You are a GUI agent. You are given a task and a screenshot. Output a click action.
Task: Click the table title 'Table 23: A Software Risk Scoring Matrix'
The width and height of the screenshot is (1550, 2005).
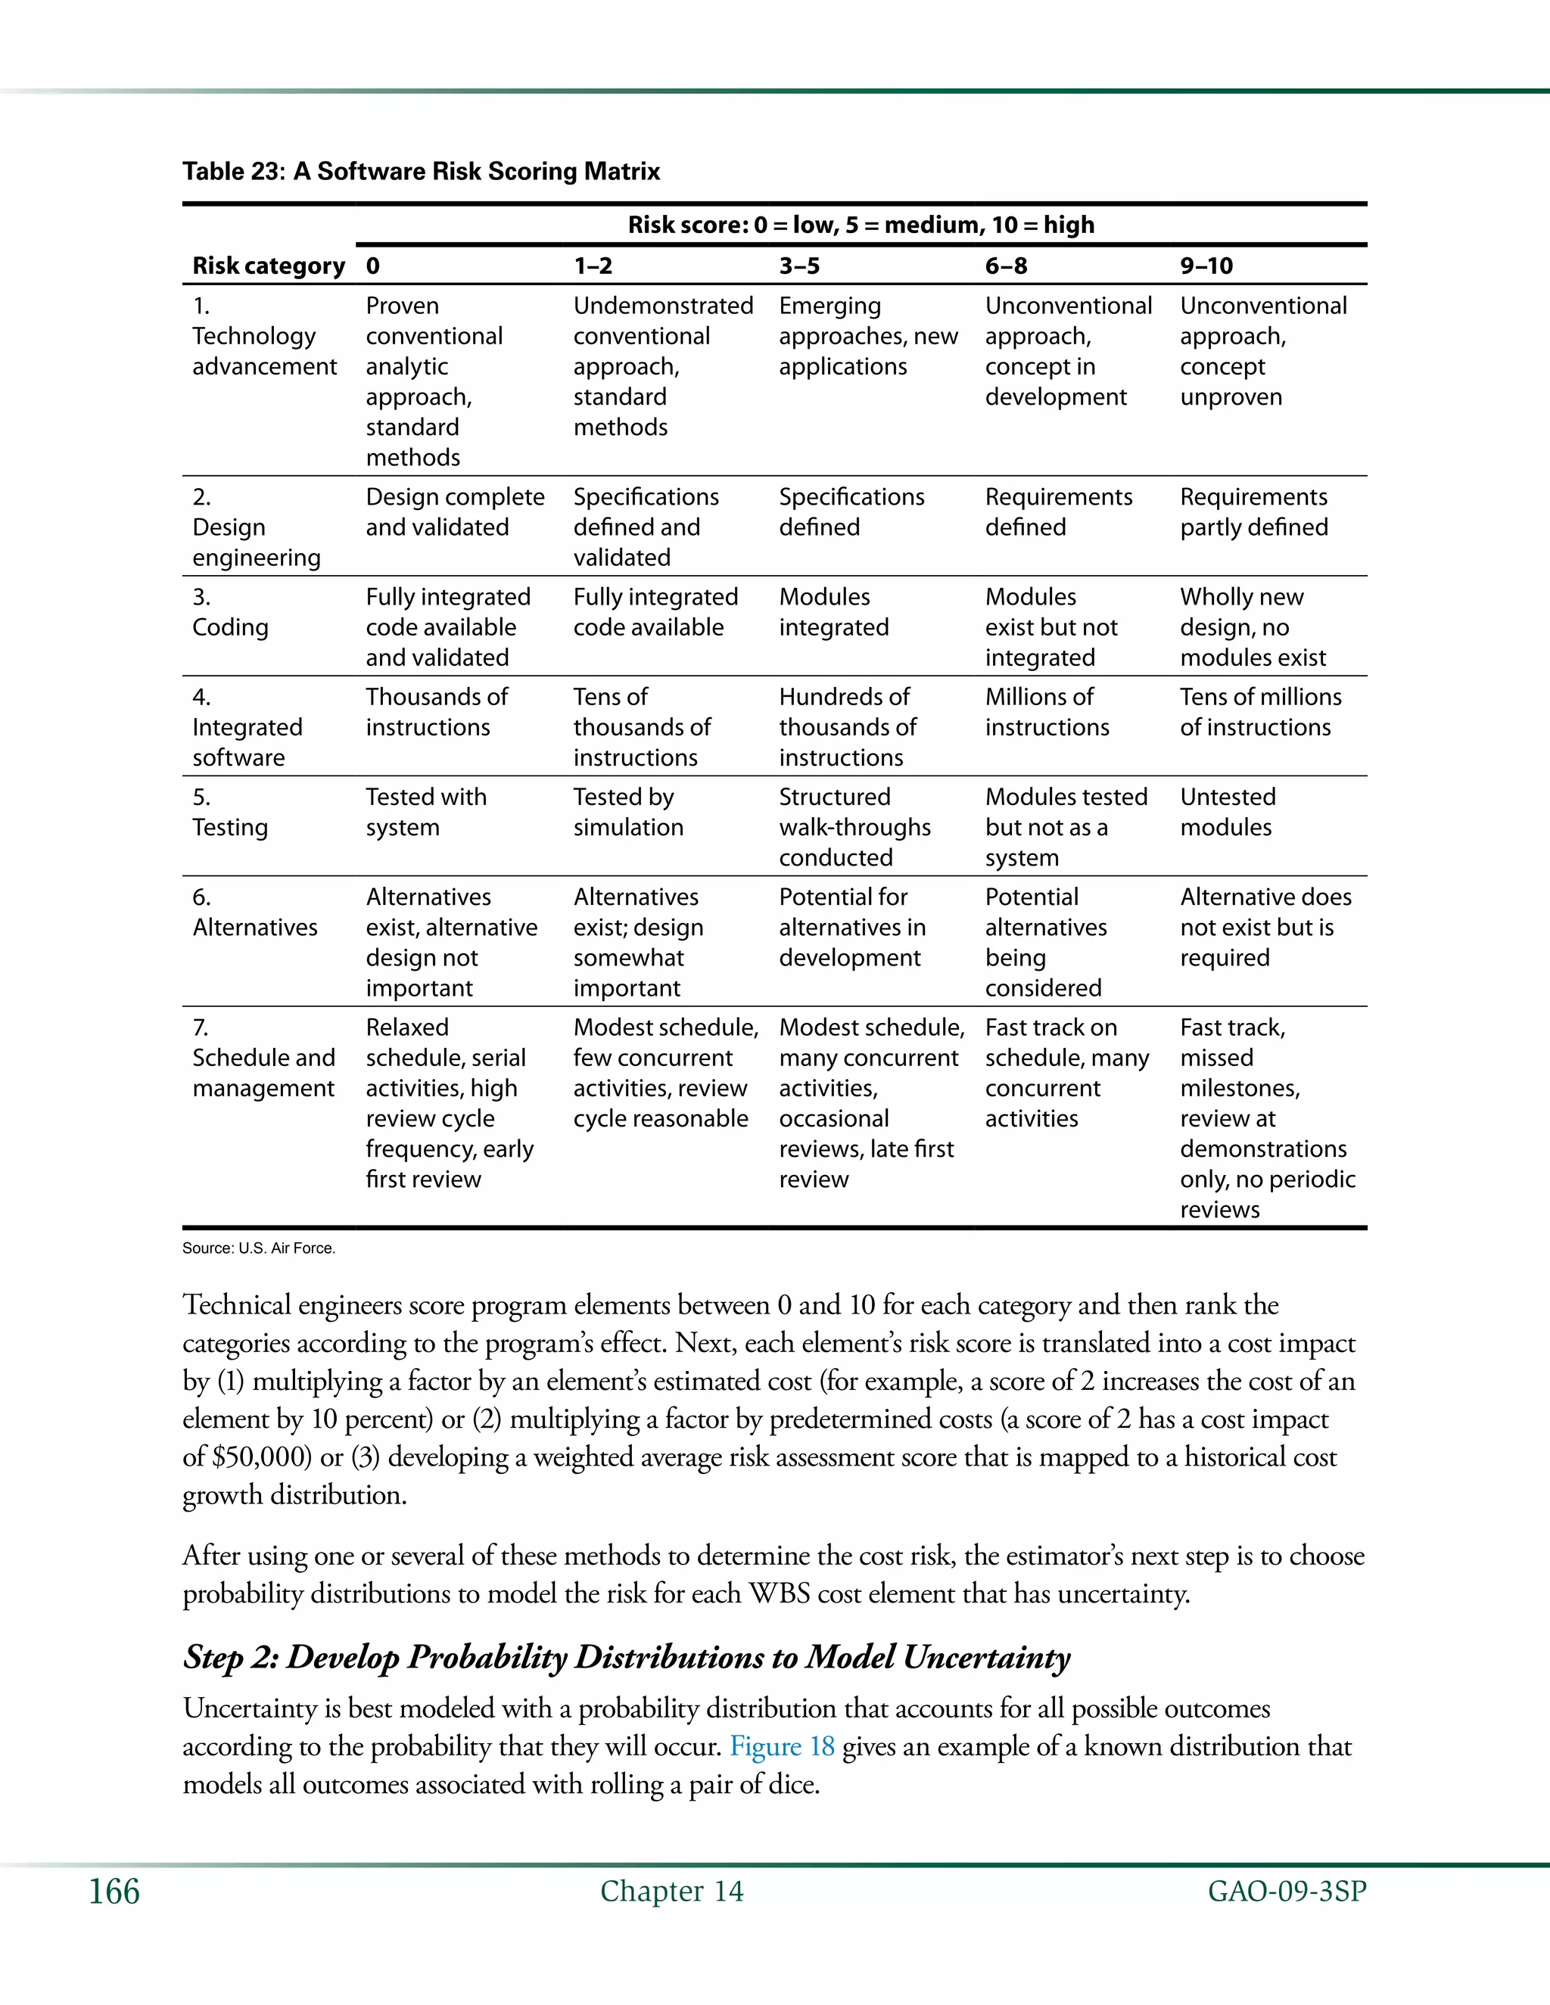(x=421, y=172)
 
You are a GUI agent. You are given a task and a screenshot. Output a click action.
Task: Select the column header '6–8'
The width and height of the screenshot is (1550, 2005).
(x=1006, y=266)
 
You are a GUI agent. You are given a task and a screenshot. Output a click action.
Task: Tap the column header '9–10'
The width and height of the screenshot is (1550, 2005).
(x=1206, y=266)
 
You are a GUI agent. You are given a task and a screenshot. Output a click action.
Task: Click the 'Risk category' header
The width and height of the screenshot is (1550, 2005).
(x=268, y=266)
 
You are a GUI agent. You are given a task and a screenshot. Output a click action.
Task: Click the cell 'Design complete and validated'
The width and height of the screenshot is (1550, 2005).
(x=455, y=512)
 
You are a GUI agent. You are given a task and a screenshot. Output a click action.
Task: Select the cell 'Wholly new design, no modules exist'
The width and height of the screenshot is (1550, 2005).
(x=1253, y=627)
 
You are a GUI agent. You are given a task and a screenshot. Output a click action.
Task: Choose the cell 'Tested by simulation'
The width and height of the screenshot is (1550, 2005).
(x=628, y=812)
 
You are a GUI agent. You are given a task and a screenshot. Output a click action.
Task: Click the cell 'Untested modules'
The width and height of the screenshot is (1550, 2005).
(x=1228, y=812)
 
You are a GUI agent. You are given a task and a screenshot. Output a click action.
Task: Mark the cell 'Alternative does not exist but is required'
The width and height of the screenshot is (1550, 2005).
(x=1265, y=928)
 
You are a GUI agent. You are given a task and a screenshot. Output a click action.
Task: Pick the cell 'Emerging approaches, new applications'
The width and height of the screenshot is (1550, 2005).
(x=868, y=336)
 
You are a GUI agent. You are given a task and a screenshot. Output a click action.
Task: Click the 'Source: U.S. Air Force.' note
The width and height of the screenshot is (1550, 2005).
(x=259, y=1248)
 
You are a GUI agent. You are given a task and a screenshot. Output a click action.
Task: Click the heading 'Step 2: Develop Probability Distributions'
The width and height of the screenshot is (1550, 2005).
(x=626, y=1657)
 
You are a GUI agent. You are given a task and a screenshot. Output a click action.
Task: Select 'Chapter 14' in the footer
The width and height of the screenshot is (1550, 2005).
(x=671, y=1892)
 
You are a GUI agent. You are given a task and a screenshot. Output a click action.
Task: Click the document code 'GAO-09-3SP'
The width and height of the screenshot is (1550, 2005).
(x=1287, y=1892)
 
